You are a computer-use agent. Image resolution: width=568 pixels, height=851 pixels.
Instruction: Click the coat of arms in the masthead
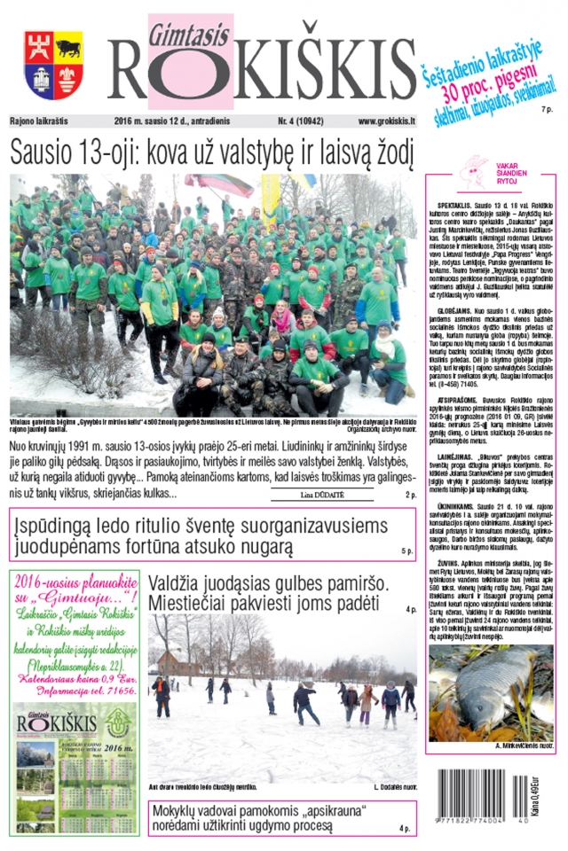[52, 65]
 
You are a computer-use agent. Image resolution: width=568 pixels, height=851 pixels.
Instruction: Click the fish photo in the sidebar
[490, 692]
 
